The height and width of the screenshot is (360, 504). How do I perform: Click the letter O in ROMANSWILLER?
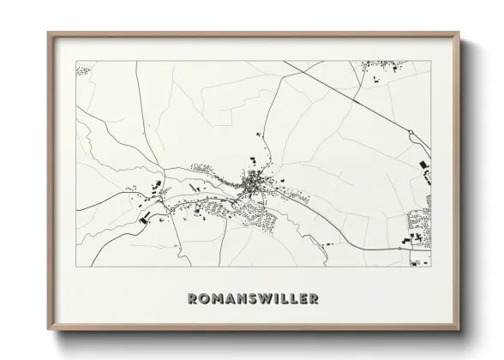204,299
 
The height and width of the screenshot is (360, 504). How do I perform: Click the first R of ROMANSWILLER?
191,299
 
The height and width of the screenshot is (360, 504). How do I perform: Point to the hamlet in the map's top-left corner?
83,68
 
